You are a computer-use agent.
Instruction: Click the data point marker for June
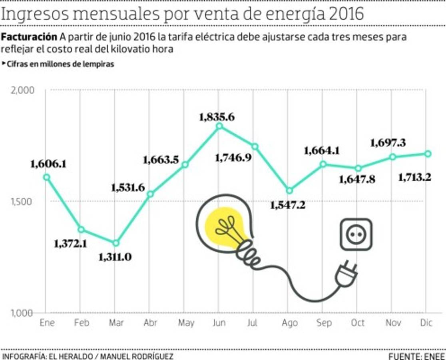point(219,126)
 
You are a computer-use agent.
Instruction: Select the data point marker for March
point(115,243)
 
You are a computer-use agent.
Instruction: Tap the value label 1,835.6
point(217,117)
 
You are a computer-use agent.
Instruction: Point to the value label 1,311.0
point(115,257)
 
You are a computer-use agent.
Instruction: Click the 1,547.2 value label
point(288,205)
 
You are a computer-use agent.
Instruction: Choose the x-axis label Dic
point(426,322)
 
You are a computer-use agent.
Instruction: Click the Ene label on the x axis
point(47,322)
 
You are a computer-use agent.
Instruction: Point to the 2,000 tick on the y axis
point(22,90)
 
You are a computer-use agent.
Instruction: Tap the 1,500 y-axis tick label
point(22,202)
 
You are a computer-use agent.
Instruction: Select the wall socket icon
point(356,234)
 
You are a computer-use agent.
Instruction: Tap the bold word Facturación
point(29,37)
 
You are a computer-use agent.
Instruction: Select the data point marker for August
point(289,191)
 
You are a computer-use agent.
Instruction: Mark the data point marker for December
point(428,154)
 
